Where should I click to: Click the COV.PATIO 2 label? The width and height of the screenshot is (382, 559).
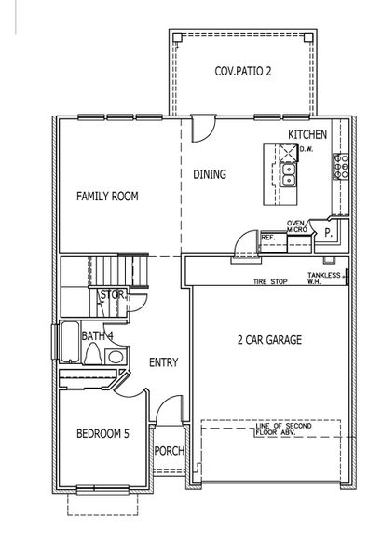(242, 71)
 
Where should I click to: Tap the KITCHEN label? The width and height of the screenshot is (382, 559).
(307, 135)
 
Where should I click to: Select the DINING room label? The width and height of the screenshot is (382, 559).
(210, 174)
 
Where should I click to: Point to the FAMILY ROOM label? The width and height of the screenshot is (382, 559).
(107, 197)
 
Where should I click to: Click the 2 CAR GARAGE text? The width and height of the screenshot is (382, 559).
(268, 340)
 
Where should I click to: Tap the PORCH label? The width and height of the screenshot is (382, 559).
(170, 452)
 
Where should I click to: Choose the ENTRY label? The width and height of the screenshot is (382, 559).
(163, 362)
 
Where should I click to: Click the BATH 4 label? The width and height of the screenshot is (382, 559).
(97, 335)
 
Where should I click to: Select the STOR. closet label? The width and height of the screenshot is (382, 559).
(112, 295)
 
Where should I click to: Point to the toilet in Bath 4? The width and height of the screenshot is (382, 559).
(93, 356)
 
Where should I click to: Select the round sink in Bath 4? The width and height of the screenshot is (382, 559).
(114, 358)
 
